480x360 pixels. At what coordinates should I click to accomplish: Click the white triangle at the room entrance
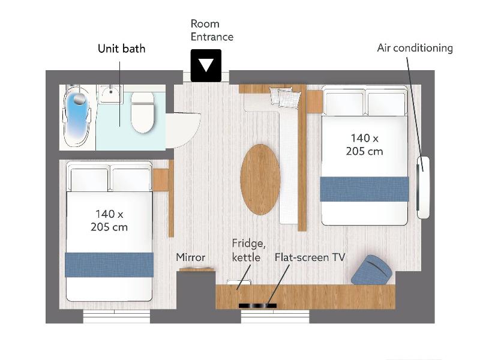206,64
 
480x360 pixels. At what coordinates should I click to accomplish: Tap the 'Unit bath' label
122,49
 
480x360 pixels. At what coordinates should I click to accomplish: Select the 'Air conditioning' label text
415,48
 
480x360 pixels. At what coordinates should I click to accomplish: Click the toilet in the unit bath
142,112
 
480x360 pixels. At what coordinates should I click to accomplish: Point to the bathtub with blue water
77,117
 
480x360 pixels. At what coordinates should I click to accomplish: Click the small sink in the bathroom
110,94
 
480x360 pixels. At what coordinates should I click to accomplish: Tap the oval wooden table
260,179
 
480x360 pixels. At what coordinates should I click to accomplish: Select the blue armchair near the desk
371,270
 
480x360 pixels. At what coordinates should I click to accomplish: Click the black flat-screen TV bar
257,305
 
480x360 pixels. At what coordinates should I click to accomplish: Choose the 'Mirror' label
190,257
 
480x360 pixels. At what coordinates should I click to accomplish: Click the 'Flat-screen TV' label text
310,257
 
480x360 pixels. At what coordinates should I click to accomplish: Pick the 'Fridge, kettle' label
248,250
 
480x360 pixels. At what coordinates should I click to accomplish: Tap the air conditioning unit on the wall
424,187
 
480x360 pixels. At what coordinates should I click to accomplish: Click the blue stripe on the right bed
364,189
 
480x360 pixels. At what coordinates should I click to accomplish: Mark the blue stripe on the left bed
109,265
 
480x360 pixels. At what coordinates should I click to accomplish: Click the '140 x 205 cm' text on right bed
364,145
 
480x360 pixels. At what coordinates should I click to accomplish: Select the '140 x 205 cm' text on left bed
109,220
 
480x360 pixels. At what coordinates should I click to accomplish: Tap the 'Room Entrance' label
212,30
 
